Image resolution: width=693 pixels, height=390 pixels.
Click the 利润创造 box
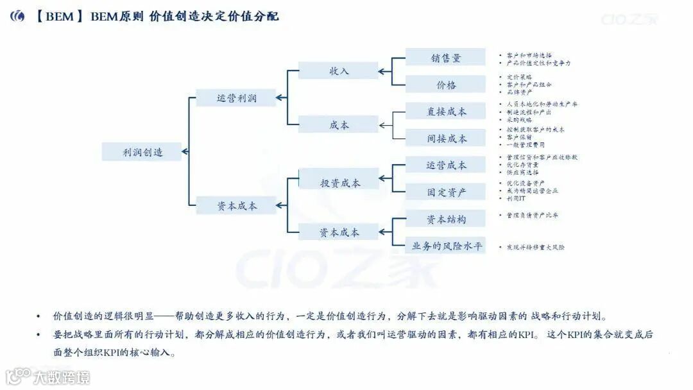coord(142,152)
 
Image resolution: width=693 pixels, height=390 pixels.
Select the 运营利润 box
coord(236,98)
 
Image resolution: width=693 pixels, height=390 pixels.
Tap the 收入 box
coord(339,71)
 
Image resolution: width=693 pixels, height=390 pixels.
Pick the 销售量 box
coord(446,58)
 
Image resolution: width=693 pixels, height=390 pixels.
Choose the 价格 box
coord(446,85)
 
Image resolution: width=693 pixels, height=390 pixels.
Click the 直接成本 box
coord(446,112)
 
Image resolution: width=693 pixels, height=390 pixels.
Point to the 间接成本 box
coord(446,139)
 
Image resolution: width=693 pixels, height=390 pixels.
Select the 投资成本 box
coord(340,183)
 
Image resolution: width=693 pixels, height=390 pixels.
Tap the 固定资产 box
coord(446,192)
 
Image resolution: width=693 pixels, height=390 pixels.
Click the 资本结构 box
coord(446,219)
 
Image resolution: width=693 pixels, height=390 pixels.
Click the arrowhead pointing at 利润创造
coord(185,152)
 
